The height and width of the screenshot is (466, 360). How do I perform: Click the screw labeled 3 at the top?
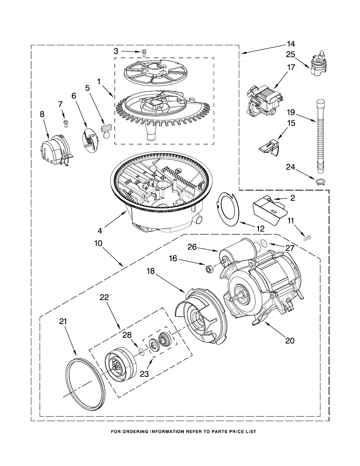coord(144,53)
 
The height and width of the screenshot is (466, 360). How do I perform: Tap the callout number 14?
coord(291,44)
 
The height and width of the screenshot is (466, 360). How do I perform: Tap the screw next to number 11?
coord(307,238)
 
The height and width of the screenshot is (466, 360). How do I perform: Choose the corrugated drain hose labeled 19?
coord(320,137)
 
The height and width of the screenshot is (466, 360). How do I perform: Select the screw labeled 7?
coord(65,124)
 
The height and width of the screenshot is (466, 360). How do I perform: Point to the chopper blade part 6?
coord(91,140)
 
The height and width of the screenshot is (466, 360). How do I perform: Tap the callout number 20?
coord(290,340)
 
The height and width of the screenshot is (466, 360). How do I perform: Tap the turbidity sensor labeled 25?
coord(318,63)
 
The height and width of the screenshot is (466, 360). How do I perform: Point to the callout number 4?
coord(100,231)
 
